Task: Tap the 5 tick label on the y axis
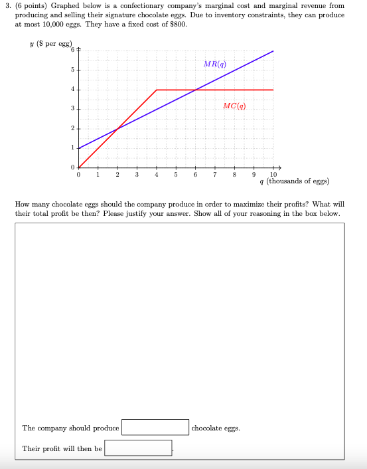coord(74,70)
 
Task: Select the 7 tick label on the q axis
coord(214,175)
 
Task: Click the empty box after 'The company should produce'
coord(155,427)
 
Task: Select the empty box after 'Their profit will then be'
coord(138,448)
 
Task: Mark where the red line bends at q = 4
coord(156,89)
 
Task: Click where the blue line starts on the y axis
coord(78,147)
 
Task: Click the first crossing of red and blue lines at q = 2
coord(117,128)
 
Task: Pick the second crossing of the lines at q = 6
coord(195,89)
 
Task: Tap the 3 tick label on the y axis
coord(74,108)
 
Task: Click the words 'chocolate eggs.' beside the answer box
coord(216,428)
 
